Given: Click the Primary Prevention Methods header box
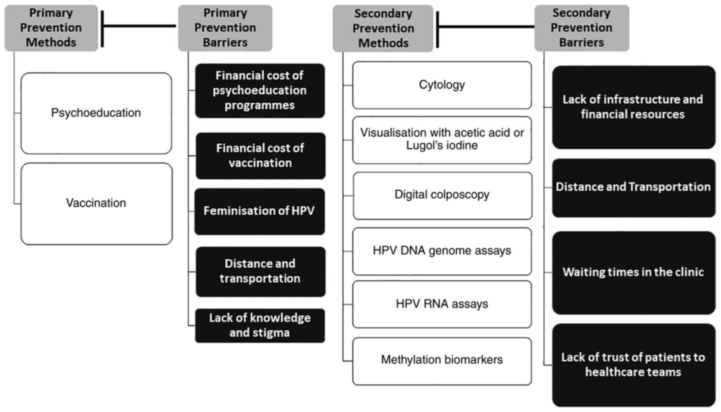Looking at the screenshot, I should pos(51,28).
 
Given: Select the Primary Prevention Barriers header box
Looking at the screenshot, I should pos(225,28).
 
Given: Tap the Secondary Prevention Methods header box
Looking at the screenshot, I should pos(383,28).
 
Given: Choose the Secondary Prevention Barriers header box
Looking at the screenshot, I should pos(581,28).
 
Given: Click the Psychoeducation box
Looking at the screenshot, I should pos(96,113).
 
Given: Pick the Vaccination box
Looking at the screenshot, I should pos(96,203).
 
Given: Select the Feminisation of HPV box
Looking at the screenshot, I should pos(259,211).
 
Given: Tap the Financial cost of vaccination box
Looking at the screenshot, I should pos(260,155).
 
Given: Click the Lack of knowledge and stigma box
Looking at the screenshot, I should pos(260,325).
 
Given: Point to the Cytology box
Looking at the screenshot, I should pos(442,85).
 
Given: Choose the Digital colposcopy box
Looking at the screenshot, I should pos(442,195).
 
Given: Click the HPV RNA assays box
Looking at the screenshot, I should pos(442,304).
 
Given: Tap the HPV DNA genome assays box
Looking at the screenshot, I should pos(442,251).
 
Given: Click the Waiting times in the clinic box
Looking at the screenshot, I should pos(633,272).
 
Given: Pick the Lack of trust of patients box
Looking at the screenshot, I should pos(633,364).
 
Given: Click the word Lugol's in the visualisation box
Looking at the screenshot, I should pos(422,146).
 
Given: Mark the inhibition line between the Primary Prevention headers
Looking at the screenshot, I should pos(139,26).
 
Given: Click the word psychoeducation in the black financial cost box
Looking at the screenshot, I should pos(260,91).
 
